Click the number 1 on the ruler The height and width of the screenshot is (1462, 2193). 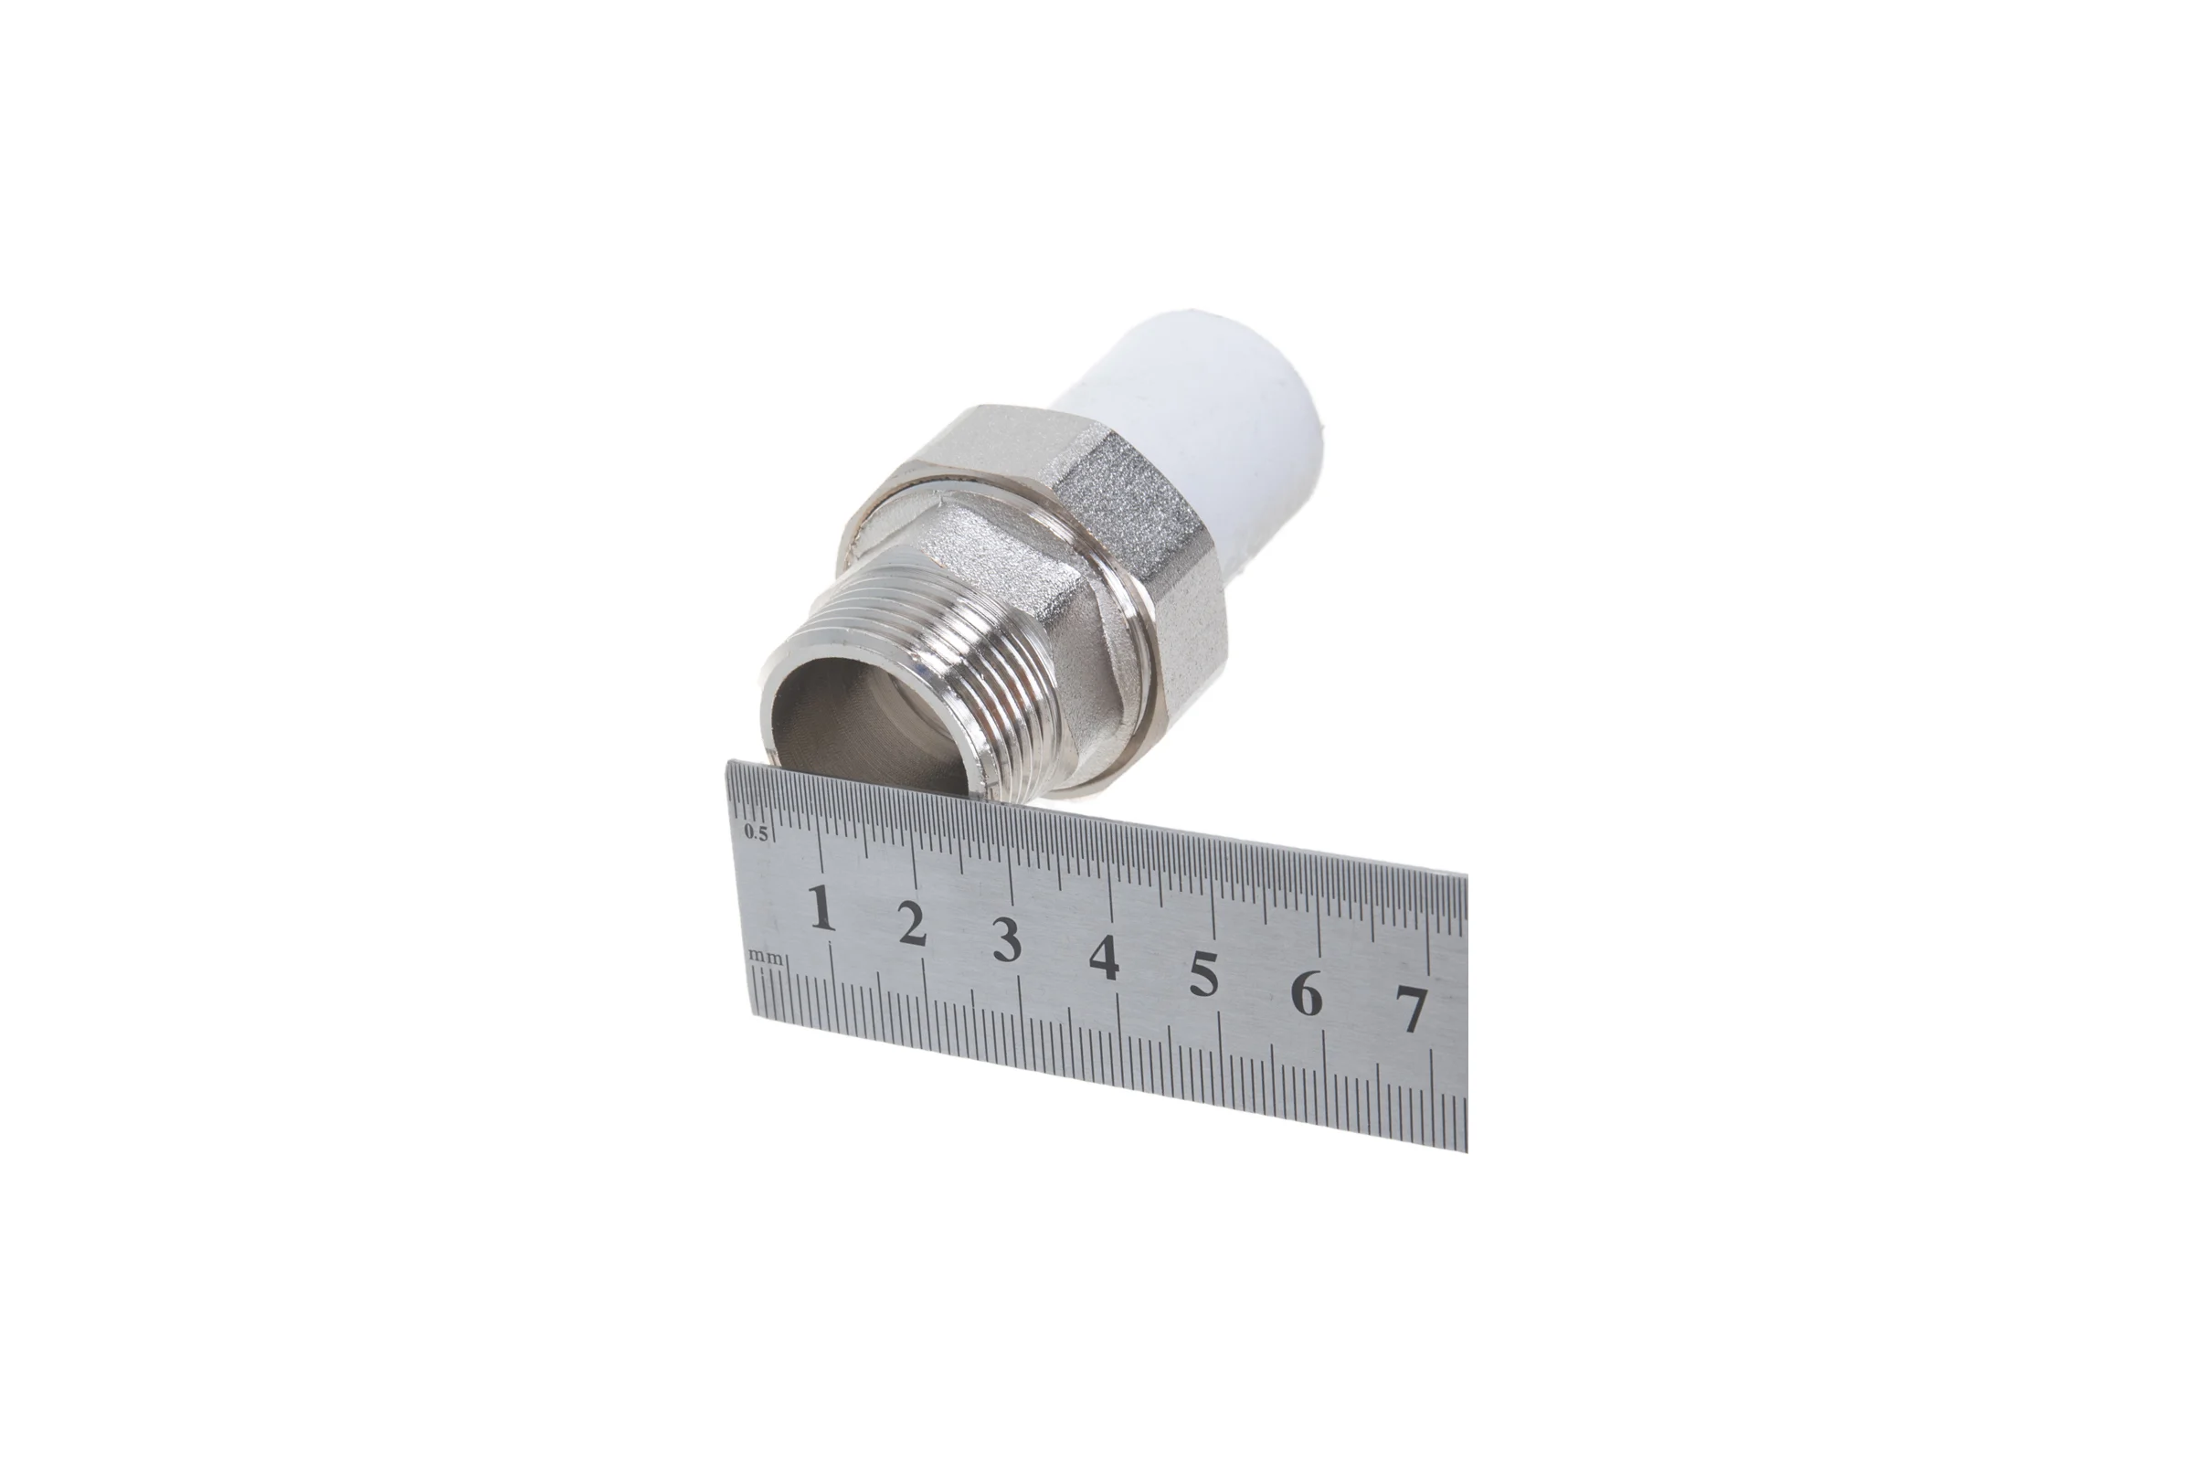[821, 908]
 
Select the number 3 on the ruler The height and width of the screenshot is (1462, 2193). [1006, 940]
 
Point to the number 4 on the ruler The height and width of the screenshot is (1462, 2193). [1104, 958]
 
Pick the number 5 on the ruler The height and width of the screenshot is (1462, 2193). [1203, 974]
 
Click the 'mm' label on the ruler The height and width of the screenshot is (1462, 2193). [767, 957]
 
